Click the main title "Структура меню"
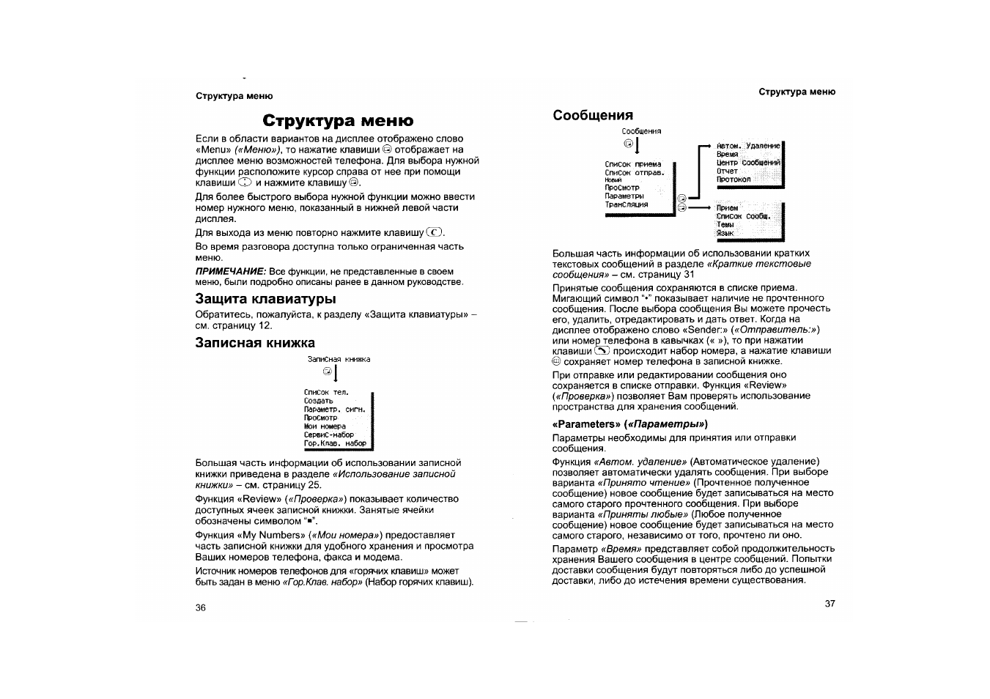[338, 120]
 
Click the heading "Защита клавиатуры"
[265, 299]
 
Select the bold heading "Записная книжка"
[255, 343]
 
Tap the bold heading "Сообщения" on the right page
[593, 115]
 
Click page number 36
[201, 607]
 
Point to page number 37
[830, 604]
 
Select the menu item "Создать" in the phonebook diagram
[319, 401]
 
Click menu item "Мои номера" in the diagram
[325, 426]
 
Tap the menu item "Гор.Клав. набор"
[335, 443]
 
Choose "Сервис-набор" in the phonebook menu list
[329, 434]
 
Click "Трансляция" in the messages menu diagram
[626, 205]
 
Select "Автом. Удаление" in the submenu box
[748, 147]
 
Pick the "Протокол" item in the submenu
[733, 180]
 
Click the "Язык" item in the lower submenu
[725, 233]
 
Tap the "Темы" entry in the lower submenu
[725, 225]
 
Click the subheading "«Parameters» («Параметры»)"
[629, 424]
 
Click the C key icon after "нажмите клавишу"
[435, 233]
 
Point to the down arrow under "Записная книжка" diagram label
[336, 374]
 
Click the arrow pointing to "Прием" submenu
[701, 208]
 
